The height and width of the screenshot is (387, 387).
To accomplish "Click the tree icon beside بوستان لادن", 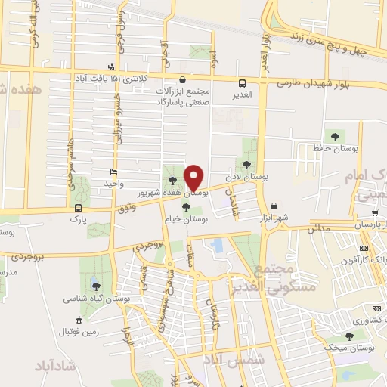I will [x=246, y=164].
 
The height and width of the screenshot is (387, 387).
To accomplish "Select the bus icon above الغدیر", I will [x=242, y=84].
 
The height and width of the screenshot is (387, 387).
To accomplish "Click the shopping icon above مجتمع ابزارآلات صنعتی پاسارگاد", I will [x=182, y=79].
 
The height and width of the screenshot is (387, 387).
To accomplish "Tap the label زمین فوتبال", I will [x=82, y=331].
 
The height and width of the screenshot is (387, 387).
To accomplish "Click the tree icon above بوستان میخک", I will [x=348, y=336].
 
